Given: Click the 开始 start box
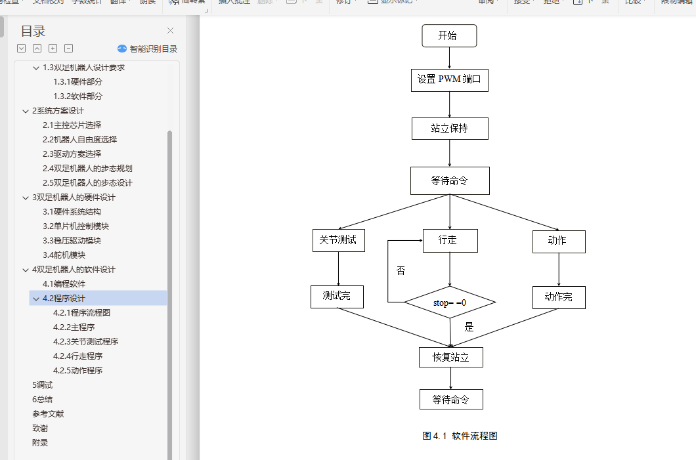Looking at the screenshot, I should [449, 36].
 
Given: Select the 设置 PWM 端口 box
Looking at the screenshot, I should [450, 80].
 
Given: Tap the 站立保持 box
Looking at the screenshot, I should [450, 129].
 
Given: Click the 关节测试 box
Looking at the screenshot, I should [338, 240].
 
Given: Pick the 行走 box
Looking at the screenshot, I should [450, 240].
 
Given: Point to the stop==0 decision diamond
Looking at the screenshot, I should [450, 303].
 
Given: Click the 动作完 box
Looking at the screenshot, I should [559, 297].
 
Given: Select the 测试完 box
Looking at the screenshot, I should [337, 297].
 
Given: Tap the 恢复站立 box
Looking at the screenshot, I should [451, 358].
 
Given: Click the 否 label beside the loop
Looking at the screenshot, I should [401, 270].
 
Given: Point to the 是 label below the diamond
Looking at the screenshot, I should [469, 327].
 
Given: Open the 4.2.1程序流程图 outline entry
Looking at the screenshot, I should [81, 313].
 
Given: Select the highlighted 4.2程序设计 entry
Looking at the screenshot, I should [64, 299].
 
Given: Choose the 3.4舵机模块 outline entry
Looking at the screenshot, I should [64, 255].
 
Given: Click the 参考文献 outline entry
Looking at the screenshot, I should [48, 414].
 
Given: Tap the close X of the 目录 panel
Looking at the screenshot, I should [171, 31].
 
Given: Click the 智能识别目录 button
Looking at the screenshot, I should [148, 49].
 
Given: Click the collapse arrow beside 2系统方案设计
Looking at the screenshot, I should [25, 111].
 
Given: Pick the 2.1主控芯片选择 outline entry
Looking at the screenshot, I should [72, 125].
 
